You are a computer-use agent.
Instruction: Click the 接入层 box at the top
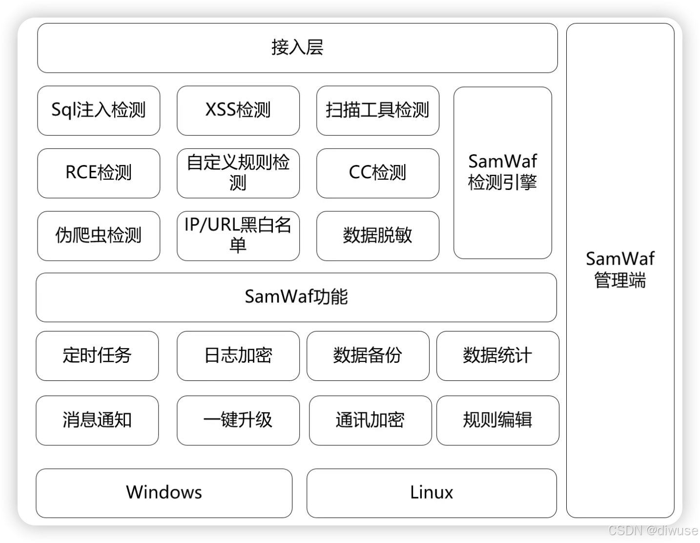[297, 48]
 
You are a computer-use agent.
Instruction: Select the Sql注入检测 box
[99, 110]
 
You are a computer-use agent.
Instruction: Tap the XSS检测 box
[238, 110]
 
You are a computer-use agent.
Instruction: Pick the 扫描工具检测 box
[377, 110]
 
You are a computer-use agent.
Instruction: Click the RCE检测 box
[99, 173]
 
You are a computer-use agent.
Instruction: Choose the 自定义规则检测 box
[238, 173]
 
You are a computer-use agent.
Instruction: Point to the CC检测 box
[377, 173]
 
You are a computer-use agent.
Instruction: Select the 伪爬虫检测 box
[99, 235]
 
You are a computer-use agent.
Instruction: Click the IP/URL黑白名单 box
[238, 235]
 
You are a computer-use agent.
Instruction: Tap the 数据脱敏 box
[377, 235]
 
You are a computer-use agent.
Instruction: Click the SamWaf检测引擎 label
[502, 172]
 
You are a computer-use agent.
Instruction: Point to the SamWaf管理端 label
[620, 270]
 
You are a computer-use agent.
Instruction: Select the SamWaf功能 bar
[296, 297]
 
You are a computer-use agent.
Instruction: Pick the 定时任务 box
[97, 355]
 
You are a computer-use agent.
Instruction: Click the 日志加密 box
[238, 355]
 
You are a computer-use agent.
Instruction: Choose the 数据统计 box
[497, 355]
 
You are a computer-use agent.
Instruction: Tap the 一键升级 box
[238, 420]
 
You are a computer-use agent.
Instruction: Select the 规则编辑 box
[497, 420]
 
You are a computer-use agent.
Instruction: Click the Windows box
[164, 493]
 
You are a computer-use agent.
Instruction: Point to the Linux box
[432, 493]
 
